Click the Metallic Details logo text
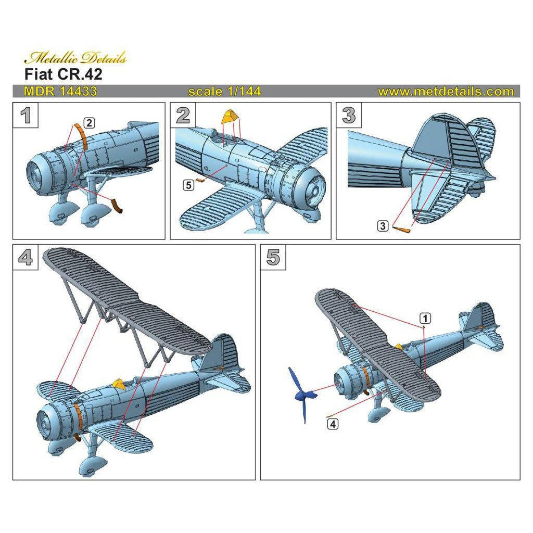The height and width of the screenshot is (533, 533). (75, 58)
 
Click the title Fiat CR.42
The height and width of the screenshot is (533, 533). (64, 74)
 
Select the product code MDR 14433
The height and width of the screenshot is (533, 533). (60, 92)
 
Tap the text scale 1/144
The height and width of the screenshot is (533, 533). (224, 92)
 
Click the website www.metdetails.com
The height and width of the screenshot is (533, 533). (446, 92)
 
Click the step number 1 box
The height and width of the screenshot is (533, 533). (26, 116)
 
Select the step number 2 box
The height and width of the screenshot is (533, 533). (183, 116)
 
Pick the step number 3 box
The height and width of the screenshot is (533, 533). (349, 116)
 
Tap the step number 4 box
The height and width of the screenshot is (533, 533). (26, 258)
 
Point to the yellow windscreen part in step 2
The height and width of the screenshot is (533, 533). (229, 117)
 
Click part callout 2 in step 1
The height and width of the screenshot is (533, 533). (90, 123)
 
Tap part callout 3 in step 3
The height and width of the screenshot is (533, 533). (383, 225)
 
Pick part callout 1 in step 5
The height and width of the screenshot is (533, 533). (425, 318)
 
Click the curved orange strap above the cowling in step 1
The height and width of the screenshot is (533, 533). (80, 136)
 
